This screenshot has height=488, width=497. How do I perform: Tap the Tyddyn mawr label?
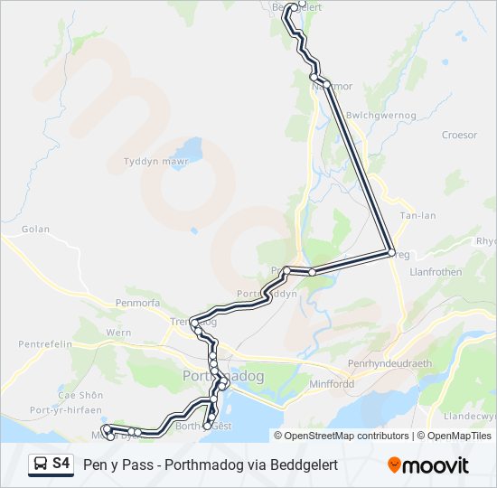pyautogui.click(x=155, y=163)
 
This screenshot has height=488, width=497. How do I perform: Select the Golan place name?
pyautogui.click(x=35, y=230)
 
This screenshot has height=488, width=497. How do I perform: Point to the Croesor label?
pyautogui.click(x=459, y=136)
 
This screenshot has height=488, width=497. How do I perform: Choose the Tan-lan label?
pyautogui.click(x=417, y=216)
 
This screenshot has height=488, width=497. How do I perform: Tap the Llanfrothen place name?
pyautogui.click(x=436, y=271)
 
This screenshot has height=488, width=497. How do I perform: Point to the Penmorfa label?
pyautogui.click(x=137, y=303)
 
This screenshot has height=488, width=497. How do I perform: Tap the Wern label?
pyautogui.click(x=118, y=333)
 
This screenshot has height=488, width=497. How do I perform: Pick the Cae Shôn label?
pyautogui.click(x=80, y=395)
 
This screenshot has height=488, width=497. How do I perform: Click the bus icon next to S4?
pyautogui.click(x=41, y=465)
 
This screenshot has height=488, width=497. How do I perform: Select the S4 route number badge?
pyautogui.click(x=61, y=465)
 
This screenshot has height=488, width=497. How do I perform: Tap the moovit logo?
pyautogui.click(x=428, y=465)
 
